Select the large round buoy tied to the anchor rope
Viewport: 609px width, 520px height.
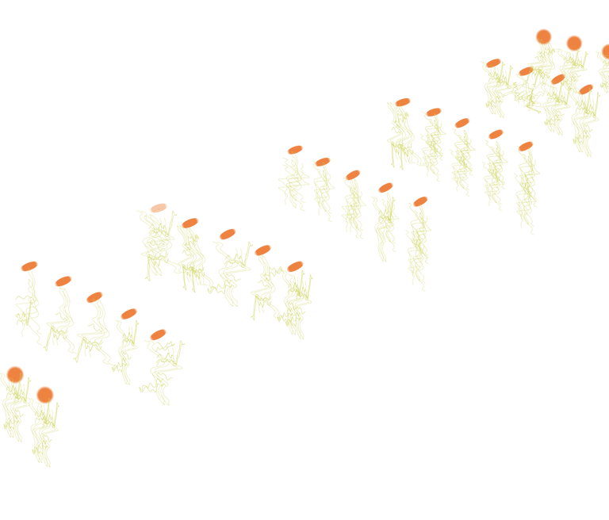pyautogui.click(x=45, y=394)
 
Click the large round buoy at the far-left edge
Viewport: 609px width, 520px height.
pyautogui.click(x=14, y=374)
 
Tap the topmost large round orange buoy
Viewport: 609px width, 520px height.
pyautogui.click(x=543, y=36)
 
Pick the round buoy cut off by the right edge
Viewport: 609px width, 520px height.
pyautogui.click(x=605, y=52)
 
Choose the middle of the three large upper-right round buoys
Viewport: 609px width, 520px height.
pyautogui.click(x=574, y=43)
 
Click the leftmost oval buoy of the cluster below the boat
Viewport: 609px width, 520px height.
pyautogui.click(x=158, y=208)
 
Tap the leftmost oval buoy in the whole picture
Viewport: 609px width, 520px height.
pyautogui.click(x=29, y=266)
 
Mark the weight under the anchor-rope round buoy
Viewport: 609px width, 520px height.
pyautogui.click(x=43, y=461)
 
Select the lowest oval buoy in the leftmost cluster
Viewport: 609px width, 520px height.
pyautogui.click(x=158, y=335)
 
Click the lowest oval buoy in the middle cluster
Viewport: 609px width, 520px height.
pyautogui.click(x=420, y=201)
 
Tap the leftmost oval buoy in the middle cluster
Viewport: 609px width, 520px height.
pyautogui.click(x=295, y=150)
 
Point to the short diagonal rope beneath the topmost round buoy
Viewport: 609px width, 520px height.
pyautogui.click(x=537, y=55)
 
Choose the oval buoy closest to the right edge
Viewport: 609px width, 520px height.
pyautogui.click(x=587, y=90)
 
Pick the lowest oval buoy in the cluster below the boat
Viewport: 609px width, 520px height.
pyautogui.click(x=295, y=266)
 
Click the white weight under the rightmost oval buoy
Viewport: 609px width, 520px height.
pyautogui.click(x=584, y=157)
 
